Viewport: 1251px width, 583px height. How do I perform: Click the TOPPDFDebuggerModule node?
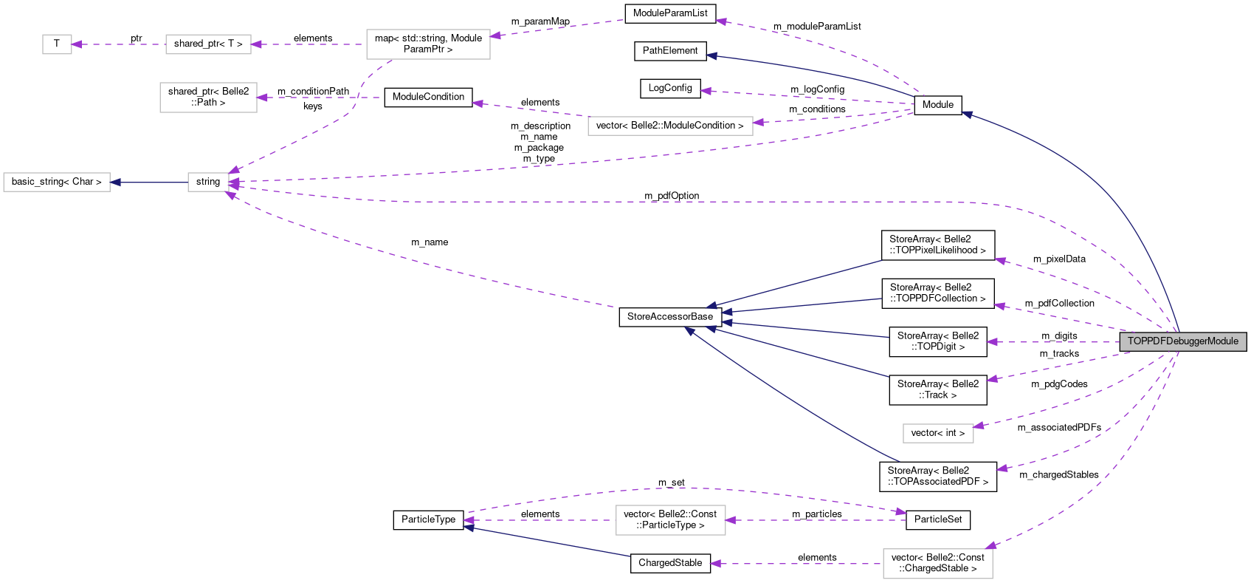pos(1182,341)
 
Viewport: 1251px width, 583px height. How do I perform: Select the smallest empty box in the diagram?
pos(57,44)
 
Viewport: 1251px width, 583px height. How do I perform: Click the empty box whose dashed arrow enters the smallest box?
pos(208,44)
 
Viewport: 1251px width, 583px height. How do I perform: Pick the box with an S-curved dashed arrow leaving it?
pos(428,44)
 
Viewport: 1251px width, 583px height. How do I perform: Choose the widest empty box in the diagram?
pos(670,126)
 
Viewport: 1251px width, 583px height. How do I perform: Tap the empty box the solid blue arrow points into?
pos(57,183)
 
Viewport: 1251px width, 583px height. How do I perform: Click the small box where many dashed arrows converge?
pos(208,183)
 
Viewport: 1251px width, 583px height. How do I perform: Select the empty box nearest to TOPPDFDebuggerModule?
pos(938,434)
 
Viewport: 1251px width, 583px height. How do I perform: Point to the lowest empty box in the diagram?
pos(937,564)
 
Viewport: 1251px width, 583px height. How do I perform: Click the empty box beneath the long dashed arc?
pos(670,520)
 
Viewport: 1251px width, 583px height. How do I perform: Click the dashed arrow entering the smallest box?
pos(118,44)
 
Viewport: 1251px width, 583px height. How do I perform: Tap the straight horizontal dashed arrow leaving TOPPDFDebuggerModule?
pos(1055,342)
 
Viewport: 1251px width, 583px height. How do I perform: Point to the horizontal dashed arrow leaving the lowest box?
pos(797,564)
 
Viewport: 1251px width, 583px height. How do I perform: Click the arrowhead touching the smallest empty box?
pos(77,44)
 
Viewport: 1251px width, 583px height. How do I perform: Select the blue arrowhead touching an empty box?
pos(115,183)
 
